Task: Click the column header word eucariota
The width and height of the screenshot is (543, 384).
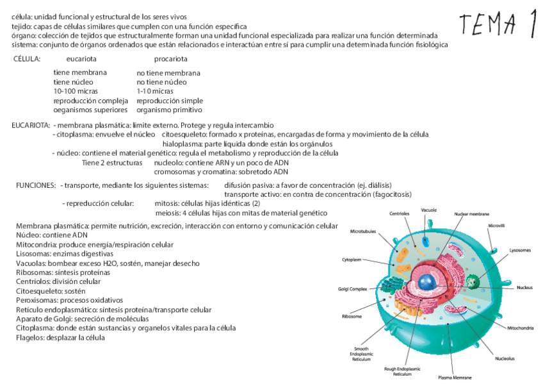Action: [x=81, y=59]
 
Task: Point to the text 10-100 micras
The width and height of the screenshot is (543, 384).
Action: [x=76, y=92]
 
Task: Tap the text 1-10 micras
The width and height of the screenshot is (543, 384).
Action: [x=155, y=92]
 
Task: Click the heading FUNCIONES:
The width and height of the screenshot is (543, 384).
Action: [x=36, y=185]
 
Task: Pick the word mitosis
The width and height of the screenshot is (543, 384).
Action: [x=168, y=203]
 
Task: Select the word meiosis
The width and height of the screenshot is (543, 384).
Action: [x=168, y=213]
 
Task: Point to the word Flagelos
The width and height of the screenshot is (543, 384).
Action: [x=29, y=337]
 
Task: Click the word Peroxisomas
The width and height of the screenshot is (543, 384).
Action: [x=36, y=300]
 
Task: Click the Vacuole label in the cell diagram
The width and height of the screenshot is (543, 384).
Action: [x=429, y=210]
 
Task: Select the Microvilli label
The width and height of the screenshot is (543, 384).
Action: [x=497, y=226]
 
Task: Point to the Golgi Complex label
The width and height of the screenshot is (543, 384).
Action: [x=353, y=289]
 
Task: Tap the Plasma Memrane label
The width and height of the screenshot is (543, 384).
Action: [x=455, y=378]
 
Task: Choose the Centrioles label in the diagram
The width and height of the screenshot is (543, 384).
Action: [x=399, y=213]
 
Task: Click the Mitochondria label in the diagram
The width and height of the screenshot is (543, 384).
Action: [x=520, y=328]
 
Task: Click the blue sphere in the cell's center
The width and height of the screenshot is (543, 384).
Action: [x=427, y=281]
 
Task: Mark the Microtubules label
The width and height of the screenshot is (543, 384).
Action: [x=362, y=231]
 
